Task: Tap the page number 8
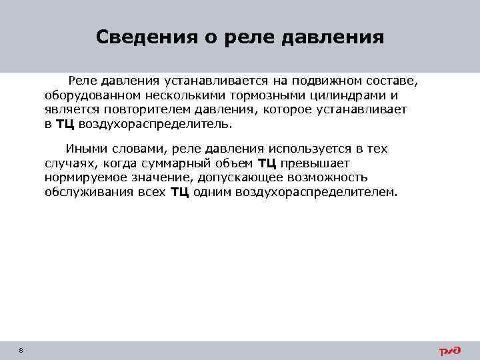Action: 22,351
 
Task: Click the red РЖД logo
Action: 449,351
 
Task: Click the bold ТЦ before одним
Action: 180,193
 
